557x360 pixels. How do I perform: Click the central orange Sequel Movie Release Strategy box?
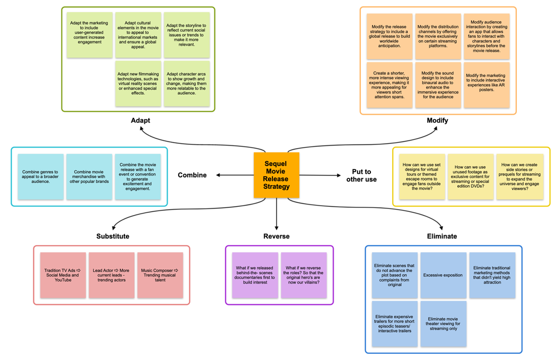(x=276, y=175)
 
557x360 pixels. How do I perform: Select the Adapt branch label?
(x=140, y=120)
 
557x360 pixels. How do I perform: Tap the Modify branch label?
(x=437, y=120)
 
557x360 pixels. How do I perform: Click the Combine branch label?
(x=192, y=175)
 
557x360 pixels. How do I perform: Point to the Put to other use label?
(x=361, y=176)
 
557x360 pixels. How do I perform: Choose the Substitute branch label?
(x=113, y=236)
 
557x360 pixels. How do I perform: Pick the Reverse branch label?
(x=276, y=236)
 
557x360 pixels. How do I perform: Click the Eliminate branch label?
(x=442, y=236)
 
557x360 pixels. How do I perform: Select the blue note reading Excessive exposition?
(x=443, y=275)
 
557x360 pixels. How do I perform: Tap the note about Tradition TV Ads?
(x=63, y=275)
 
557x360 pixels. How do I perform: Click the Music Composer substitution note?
(x=160, y=275)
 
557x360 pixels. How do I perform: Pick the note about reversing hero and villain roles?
(x=304, y=275)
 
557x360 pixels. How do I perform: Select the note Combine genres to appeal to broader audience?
(x=41, y=177)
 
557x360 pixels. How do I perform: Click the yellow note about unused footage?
(x=471, y=177)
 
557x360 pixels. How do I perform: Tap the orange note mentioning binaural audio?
(x=438, y=85)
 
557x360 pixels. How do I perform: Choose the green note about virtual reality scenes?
(x=138, y=84)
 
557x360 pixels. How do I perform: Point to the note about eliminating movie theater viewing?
(x=443, y=324)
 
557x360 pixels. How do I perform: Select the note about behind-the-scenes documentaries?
(x=255, y=275)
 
